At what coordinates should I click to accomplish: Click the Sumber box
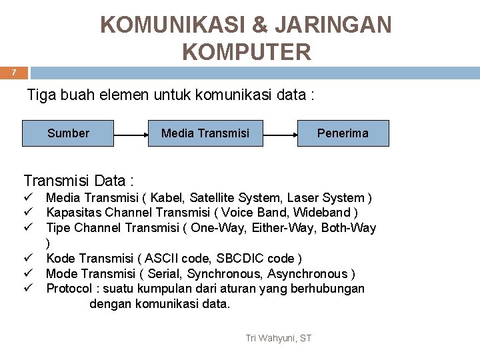point(68,133)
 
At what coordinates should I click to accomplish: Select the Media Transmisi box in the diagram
point(205,133)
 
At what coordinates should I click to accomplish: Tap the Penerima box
point(343,133)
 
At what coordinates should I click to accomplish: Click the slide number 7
point(13,73)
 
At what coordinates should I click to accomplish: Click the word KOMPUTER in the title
point(246,51)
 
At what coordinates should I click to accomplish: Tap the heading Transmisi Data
point(79,181)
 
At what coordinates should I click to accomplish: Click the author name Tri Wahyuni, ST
point(278,339)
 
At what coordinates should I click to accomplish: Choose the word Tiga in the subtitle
point(41,95)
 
